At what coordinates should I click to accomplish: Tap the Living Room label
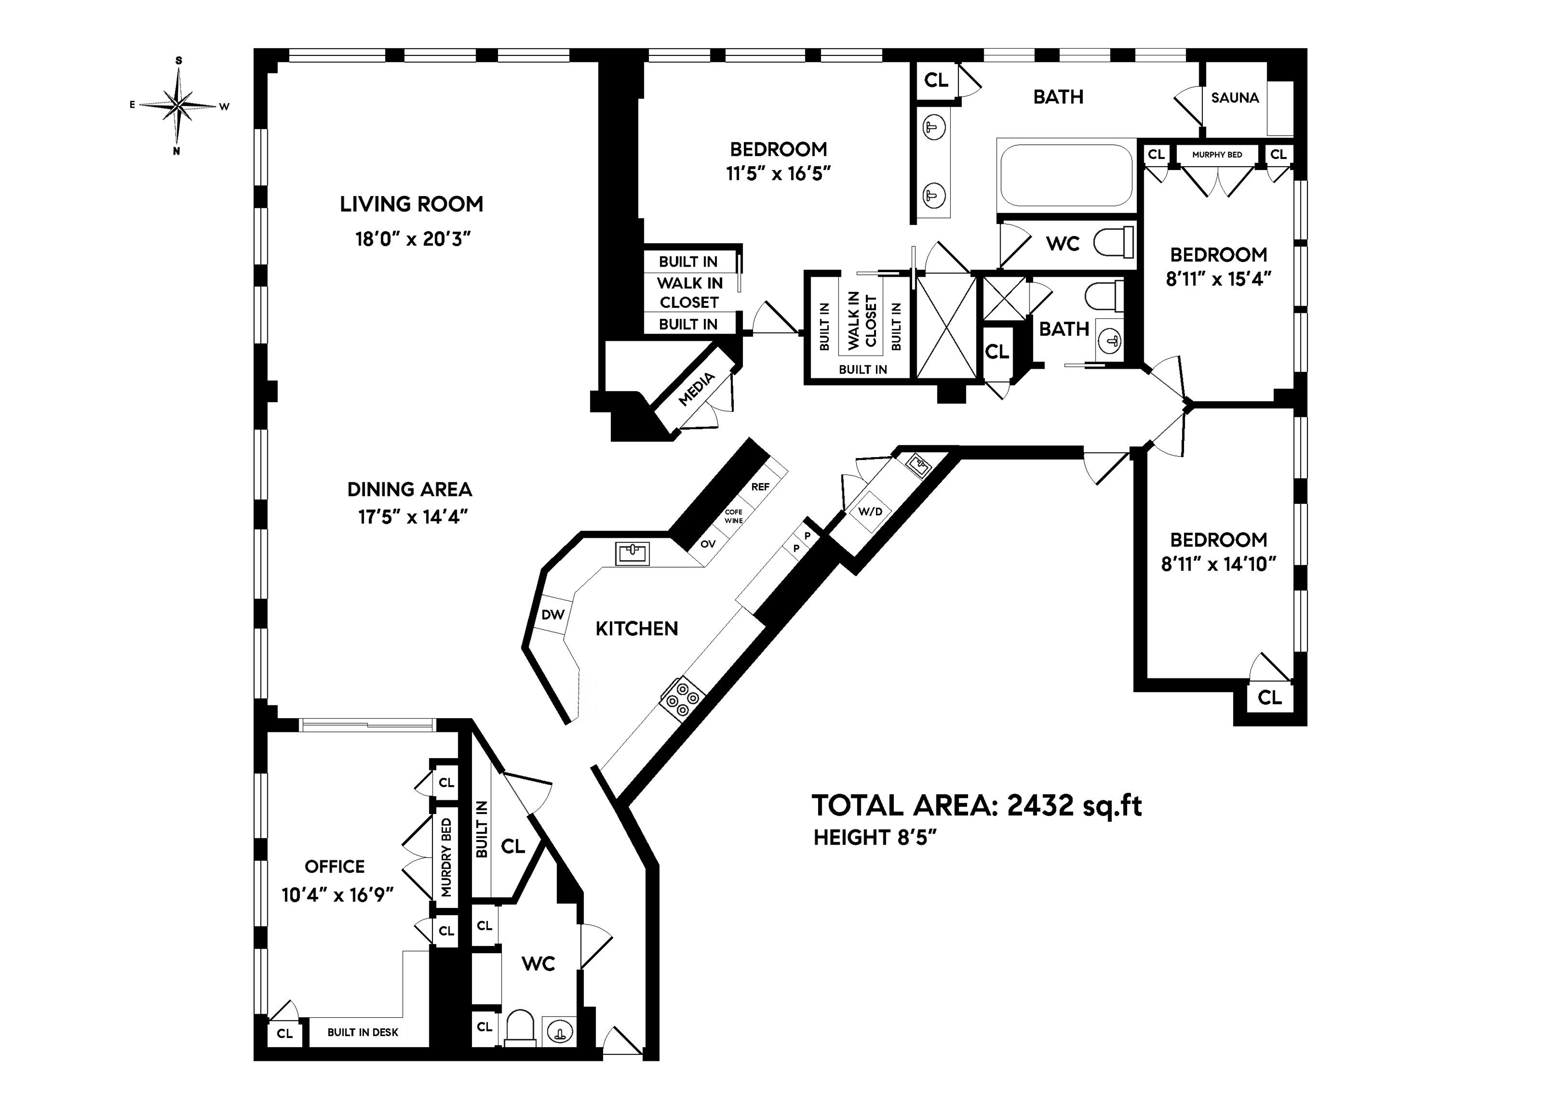click(x=411, y=204)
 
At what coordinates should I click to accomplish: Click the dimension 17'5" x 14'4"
click(x=413, y=517)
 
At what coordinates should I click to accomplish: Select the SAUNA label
click(x=1235, y=98)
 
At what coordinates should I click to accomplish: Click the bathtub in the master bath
click(x=1066, y=175)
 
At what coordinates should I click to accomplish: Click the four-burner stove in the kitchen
click(x=682, y=698)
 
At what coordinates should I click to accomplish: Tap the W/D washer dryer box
click(x=869, y=511)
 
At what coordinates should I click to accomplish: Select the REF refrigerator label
click(x=760, y=486)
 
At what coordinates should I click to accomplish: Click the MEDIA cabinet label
click(x=697, y=388)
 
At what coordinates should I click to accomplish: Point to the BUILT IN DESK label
click(x=362, y=1032)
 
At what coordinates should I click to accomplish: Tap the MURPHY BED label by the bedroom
click(x=1217, y=154)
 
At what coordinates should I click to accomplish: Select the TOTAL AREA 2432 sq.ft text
click(x=976, y=805)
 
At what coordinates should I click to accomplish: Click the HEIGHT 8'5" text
click(x=875, y=838)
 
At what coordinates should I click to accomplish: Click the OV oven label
click(x=708, y=544)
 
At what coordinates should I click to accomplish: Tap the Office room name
click(x=334, y=866)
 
